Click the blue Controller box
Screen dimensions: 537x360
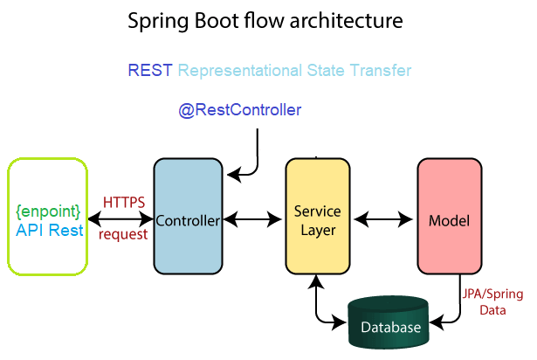(188, 216)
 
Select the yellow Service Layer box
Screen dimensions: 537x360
(318, 216)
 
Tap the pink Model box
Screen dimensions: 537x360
(450, 216)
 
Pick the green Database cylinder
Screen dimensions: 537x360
(389, 322)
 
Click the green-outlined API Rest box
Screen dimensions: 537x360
(48, 217)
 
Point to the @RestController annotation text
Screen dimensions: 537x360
(240, 110)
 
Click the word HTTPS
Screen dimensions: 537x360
(124, 203)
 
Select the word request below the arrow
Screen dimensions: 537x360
(123, 234)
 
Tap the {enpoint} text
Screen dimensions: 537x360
(48, 211)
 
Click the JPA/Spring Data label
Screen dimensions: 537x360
(492, 301)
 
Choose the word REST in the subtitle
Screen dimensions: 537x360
(150, 70)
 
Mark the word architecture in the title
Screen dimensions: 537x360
(346, 21)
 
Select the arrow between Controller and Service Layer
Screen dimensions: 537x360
(252, 219)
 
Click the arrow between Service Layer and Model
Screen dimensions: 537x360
(383, 219)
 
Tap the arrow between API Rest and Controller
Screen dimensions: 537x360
(120, 218)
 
